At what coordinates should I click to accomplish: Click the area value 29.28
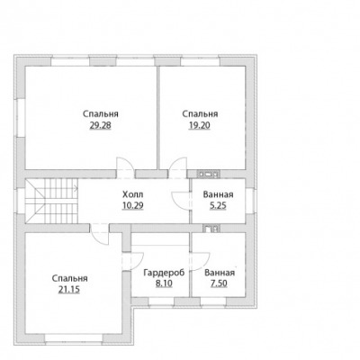pos(100,125)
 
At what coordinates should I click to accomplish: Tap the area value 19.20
pos(200,125)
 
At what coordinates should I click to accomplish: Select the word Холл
pos(133,194)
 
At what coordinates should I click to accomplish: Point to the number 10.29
pos(132,206)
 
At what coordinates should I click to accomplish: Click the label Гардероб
pos(164,273)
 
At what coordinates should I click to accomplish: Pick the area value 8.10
pos(164,283)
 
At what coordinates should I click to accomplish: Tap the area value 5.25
pos(218,206)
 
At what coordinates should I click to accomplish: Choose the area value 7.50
pos(219,283)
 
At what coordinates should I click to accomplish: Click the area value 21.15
pos(69,290)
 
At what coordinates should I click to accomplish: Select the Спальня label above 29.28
pos(101,114)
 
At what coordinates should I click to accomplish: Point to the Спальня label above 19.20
pos(200,114)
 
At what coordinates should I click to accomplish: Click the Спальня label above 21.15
pos(69,278)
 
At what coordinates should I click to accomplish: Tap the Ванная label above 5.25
pos(218,194)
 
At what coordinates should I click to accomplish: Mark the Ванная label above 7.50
pos(220,273)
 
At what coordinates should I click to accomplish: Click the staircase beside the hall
pos(51,201)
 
